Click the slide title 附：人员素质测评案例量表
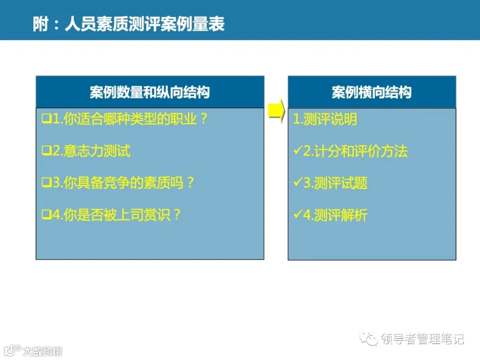click(128, 24)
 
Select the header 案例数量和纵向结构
click(150, 92)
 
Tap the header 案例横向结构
click(372, 92)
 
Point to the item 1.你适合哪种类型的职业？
click(125, 119)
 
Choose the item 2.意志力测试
click(86, 151)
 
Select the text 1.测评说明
click(325, 120)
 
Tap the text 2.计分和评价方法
click(350, 152)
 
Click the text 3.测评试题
click(330, 183)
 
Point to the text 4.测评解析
click(330, 216)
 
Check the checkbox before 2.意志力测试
click(46, 151)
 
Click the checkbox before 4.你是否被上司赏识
click(46, 215)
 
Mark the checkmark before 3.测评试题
click(297, 183)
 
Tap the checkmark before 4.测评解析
click(297, 215)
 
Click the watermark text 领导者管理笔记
click(422, 339)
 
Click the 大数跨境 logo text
click(43, 351)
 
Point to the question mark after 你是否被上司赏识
click(177, 215)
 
